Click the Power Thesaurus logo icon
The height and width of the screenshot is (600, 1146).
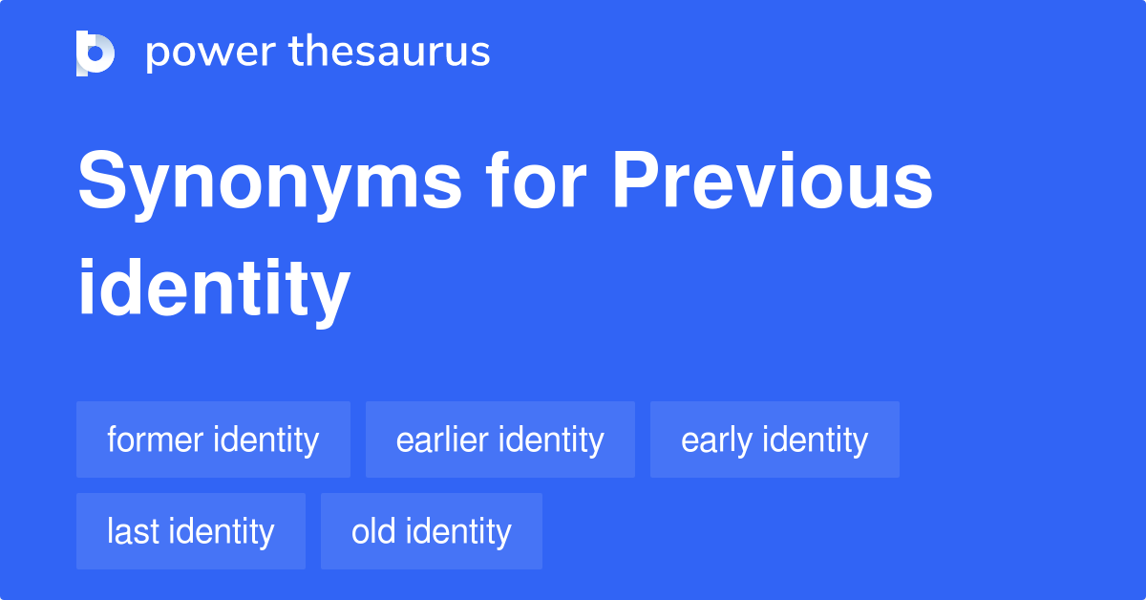[95, 53]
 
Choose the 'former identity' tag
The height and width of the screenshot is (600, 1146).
[213, 440]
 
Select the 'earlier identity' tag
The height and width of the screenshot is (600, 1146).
[499, 440]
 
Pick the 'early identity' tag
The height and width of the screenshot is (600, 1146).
[775, 440]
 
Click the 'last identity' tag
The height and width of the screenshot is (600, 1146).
[191, 531]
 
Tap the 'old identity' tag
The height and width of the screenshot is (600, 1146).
[432, 531]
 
